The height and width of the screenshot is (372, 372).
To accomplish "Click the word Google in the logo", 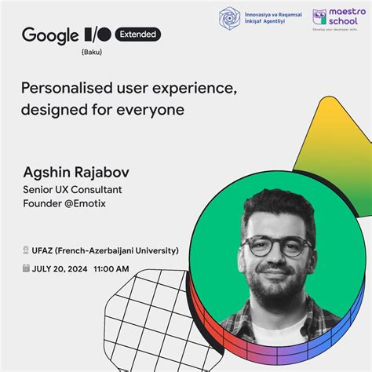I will [50, 35].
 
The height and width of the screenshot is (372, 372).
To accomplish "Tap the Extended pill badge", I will [138, 35].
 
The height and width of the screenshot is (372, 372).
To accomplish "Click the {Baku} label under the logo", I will [92, 53].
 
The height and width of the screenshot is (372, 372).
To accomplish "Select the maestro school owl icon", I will [319, 18].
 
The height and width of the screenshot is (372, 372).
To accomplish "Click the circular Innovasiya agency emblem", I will [230, 19].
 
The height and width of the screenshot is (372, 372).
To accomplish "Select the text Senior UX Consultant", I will [71, 189].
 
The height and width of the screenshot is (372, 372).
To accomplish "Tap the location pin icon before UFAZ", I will [26, 250].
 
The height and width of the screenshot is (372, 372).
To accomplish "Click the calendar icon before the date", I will [26, 269].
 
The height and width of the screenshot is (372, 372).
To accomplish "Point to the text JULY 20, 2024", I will [59, 269].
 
